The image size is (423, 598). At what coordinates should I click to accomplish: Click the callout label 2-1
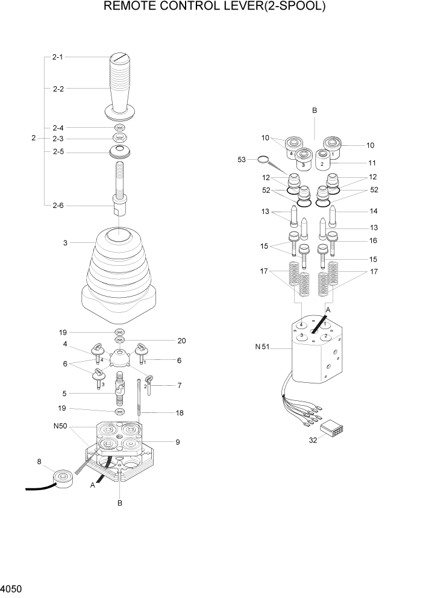(x=58, y=57)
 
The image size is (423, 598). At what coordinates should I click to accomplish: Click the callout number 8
(x=40, y=463)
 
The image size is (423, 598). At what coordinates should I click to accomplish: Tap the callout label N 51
(x=263, y=347)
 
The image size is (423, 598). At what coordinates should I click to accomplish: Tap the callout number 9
(x=178, y=442)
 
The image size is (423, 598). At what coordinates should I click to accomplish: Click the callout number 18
(x=179, y=413)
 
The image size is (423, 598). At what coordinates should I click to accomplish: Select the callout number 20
(x=181, y=341)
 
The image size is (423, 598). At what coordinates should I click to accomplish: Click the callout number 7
(x=180, y=385)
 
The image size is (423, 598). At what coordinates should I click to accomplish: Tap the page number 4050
(x=13, y=587)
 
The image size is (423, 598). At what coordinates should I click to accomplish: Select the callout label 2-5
(x=58, y=151)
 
